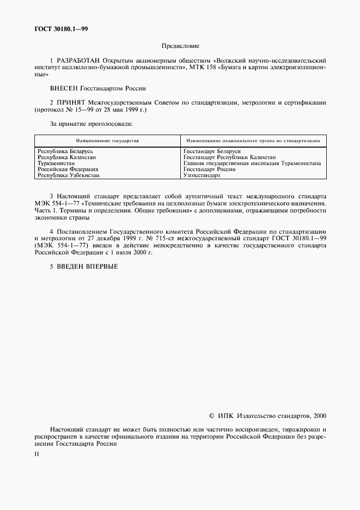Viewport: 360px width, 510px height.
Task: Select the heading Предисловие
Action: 180,46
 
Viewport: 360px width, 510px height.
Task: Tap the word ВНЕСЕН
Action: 64,87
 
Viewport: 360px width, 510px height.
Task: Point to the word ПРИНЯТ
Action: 70,102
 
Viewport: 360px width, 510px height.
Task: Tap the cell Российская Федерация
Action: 68,169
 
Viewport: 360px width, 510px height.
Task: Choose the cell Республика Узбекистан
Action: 68,175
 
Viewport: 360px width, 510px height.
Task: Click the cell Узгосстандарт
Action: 202,175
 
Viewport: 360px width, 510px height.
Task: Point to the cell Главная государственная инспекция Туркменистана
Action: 252,163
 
